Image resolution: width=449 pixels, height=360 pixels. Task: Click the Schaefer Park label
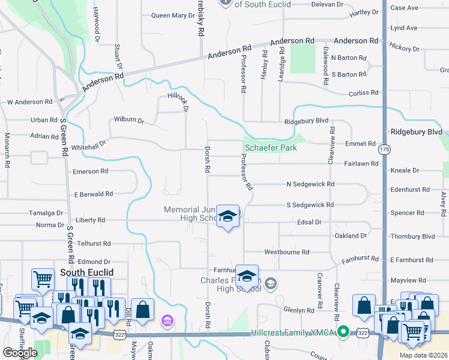[x=271, y=148]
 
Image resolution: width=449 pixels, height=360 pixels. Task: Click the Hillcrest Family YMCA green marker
[x=343, y=331]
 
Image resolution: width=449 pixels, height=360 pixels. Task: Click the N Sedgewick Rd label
[x=310, y=184]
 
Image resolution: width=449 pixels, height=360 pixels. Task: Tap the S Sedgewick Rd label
[x=310, y=205]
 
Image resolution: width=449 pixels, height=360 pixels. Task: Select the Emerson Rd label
[x=90, y=171]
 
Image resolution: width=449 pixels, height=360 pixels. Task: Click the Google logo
[x=20, y=352]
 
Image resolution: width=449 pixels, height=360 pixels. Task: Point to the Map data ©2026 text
[x=422, y=355]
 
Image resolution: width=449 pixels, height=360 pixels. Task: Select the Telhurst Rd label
[x=94, y=244]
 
